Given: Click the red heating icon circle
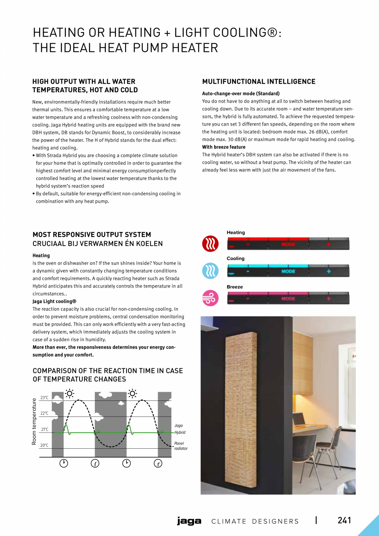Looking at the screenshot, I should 210,244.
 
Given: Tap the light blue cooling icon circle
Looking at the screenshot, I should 210,271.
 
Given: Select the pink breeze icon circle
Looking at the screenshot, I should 210,298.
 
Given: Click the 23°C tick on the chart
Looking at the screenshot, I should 44,398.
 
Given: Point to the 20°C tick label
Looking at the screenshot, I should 44,445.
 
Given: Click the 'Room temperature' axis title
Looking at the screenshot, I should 35,421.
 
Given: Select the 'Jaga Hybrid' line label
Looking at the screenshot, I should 180,429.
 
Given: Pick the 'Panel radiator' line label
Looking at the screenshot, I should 180,446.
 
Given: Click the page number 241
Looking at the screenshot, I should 344,520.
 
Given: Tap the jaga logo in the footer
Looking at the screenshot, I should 189,521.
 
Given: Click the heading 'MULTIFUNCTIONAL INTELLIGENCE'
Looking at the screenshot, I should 259,82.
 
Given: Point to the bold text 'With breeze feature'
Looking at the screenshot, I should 224,147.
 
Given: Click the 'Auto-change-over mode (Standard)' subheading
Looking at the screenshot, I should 241,94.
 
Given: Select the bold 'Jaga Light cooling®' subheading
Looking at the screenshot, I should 54,302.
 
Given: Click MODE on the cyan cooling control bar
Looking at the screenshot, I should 288,272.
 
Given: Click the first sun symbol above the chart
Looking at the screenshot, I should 70,393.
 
